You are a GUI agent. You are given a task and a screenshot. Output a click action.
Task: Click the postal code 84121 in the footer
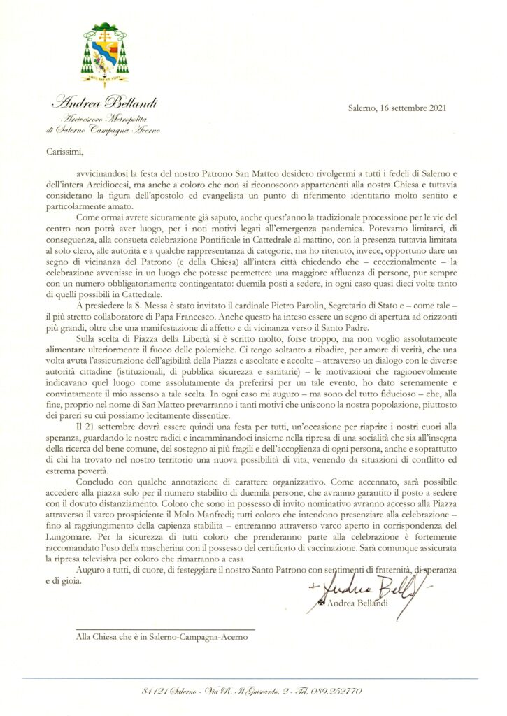pos(156,691)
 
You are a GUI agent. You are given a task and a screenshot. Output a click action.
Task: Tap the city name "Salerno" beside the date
pos(365,108)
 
